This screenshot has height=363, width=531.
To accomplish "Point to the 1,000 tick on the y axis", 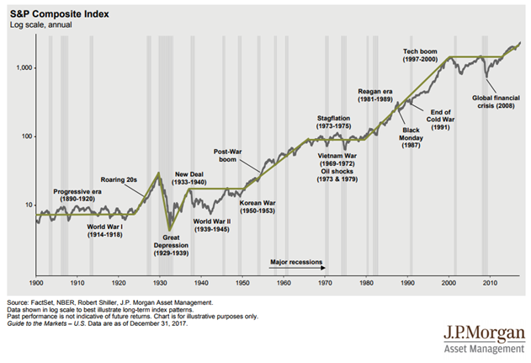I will tap(20, 67).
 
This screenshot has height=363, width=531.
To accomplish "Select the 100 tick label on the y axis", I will tap(24, 136).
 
